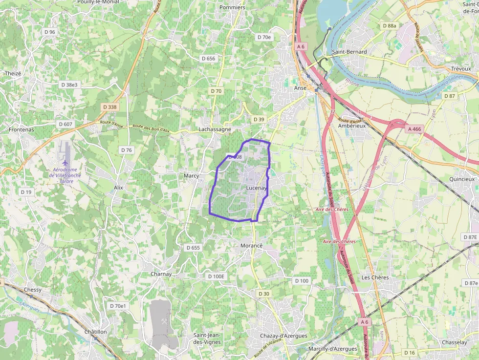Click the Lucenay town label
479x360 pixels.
tap(256, 188)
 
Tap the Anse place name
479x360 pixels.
tap(300, 88)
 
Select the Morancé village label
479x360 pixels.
tap(252, 245)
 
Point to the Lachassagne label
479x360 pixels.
tap(215, 129)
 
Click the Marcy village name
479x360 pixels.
tap(191, 175)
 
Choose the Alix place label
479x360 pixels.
tap(118, 188)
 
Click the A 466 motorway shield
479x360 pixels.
tap(414, 129)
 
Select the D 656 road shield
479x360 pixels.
tap(208, 59)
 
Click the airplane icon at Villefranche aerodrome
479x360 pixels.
tap(65, 162)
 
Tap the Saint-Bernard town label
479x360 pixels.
tap(349, 52)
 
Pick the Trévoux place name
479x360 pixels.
tap(461, 69)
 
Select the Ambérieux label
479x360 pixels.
tap(352, 126)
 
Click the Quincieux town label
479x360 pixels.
tap(462, 179)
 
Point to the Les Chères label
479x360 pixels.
tap(375, 277)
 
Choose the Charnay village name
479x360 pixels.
tap(161, 274)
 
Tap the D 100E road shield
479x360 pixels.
tap(216, 276)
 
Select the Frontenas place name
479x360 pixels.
tap(22, 130)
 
